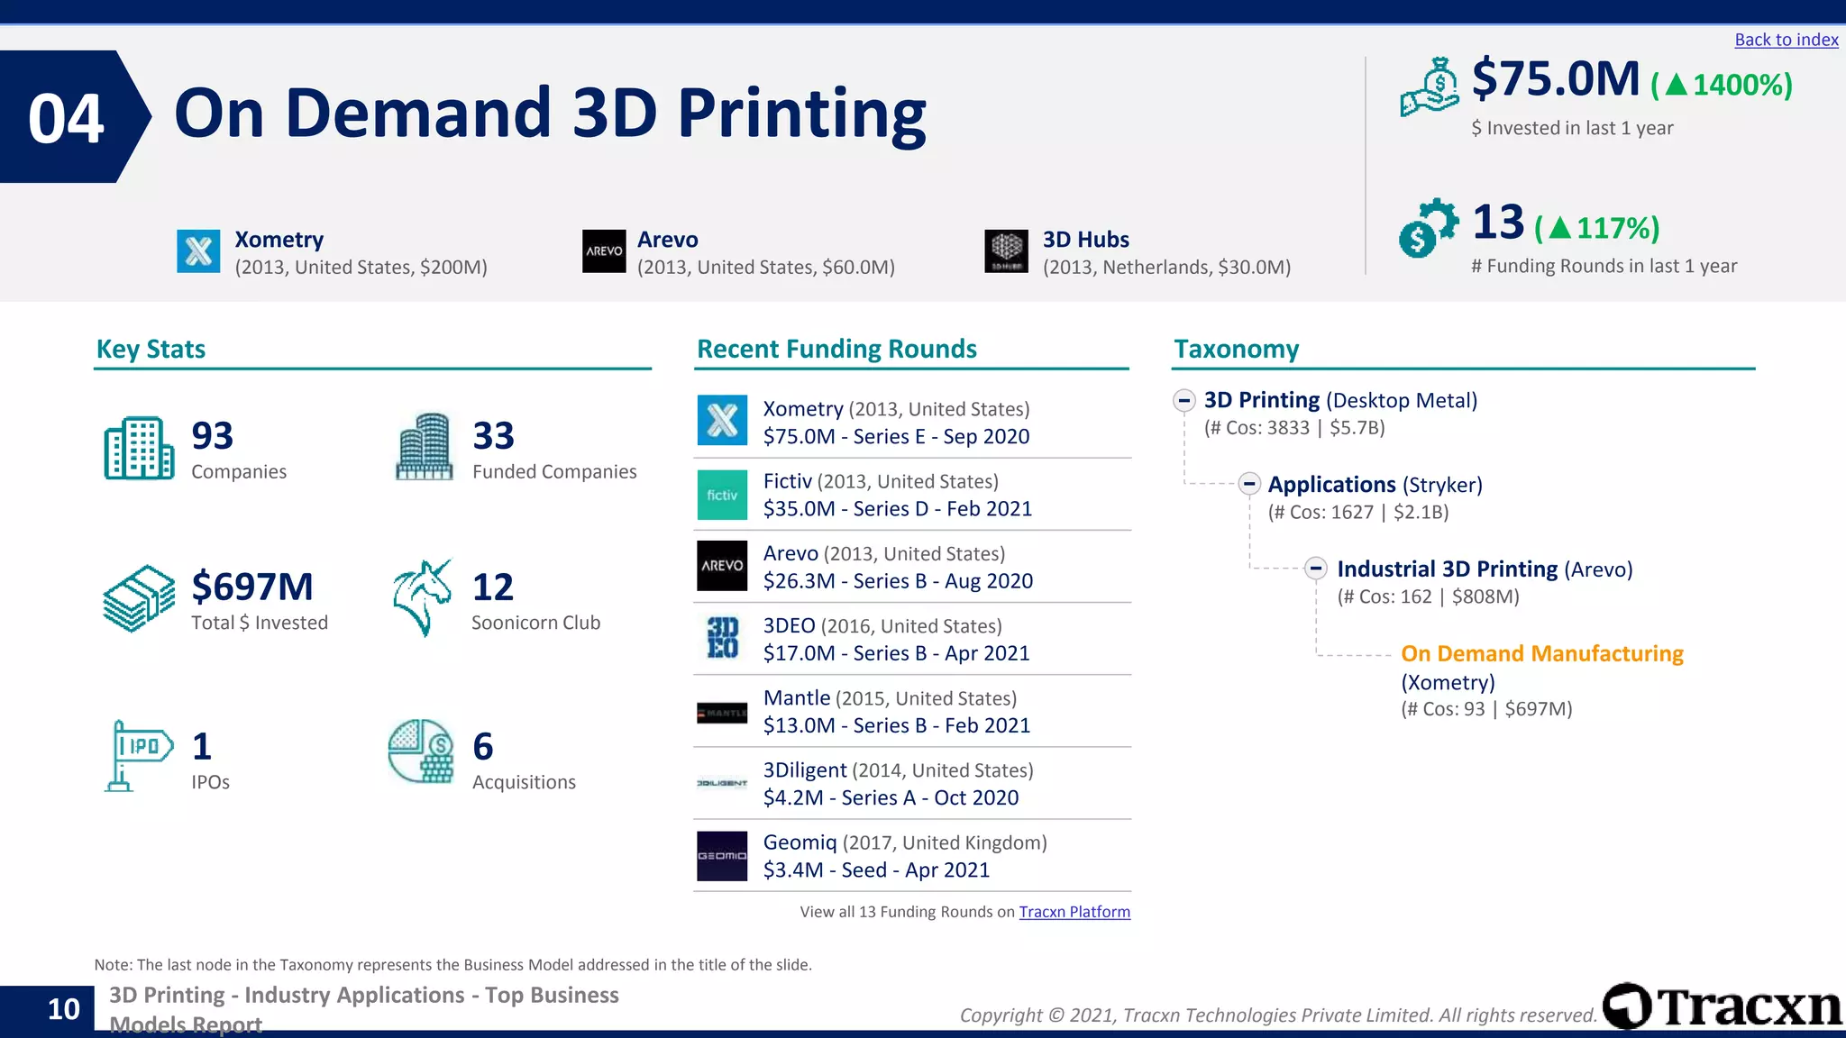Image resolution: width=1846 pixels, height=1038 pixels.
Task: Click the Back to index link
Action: click(x=1786, y=40)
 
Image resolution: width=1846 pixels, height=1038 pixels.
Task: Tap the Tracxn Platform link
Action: click(x=1074, y=912)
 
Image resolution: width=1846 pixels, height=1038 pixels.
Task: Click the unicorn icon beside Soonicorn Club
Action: click(x=422, y=597)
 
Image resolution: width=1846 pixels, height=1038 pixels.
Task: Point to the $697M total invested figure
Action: click(x=252, y=587)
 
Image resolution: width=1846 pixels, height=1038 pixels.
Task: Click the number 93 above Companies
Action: click(x=213, y=436)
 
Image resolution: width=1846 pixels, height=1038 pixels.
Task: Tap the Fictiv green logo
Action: click(x=722, y=495)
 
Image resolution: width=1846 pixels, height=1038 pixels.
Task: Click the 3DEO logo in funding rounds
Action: click(x=722, y=638)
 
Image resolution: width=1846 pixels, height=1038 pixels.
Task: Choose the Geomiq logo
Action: click(x=722, y=855)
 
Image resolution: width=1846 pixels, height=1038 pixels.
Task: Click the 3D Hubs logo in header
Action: click(x=1006, y=250)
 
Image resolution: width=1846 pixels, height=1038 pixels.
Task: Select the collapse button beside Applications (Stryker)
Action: click(x=1249, y=484)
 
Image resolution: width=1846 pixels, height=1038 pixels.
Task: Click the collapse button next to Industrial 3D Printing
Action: click(x=1316, y=569)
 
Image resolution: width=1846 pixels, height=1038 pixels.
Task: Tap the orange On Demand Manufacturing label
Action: click(x=1541, y=653)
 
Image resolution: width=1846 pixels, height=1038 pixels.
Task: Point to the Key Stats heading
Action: click(x=151, y=350)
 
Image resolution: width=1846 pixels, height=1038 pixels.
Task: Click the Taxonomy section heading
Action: click(x=1236, y=350)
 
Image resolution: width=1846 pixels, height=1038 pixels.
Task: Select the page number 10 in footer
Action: click(x=63, y=1009)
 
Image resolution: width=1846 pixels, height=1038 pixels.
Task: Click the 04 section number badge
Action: click(x=67, y=118)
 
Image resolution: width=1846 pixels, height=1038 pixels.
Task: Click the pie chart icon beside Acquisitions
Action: click(x=421, y=751)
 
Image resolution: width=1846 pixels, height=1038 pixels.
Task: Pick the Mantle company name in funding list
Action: click(x=797, y=698)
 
